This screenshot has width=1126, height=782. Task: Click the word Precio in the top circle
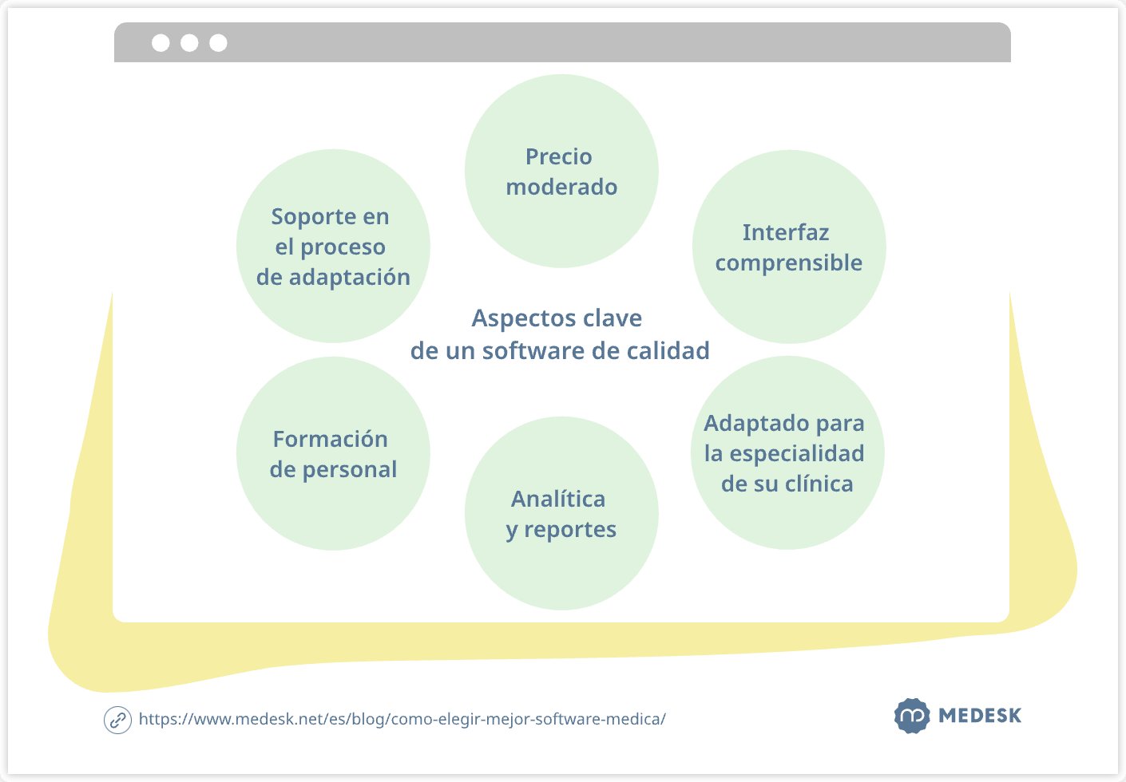click(x=558, y=157)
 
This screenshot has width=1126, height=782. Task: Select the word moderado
click(x=561, y=188)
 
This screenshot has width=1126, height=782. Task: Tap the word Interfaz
click(x=786, y=233)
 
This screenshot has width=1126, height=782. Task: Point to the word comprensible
click(x=788, y=263)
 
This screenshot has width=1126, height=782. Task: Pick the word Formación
click(x=330, y=440)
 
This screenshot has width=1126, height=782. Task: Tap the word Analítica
click(x=558, y=500)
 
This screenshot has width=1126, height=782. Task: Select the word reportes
click(x=570, y=530)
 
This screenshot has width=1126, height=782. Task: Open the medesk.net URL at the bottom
click(x=402, y=719)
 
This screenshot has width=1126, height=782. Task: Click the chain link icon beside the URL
click(x=117, y=720)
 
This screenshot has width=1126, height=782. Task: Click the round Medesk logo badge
click(x=911, y=716)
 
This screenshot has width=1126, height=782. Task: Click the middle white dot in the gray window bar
click(x=189, y=43)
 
